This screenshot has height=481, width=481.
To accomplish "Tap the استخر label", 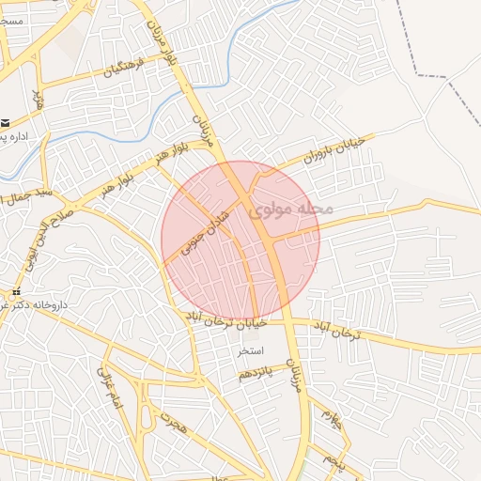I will point(256,351).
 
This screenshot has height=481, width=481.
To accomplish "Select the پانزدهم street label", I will point(258,373).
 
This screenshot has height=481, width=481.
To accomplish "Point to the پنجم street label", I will point(333,460).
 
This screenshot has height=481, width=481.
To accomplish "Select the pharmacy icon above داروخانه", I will point(16,291).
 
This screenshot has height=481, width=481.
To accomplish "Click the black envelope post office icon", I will point(6,122).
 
